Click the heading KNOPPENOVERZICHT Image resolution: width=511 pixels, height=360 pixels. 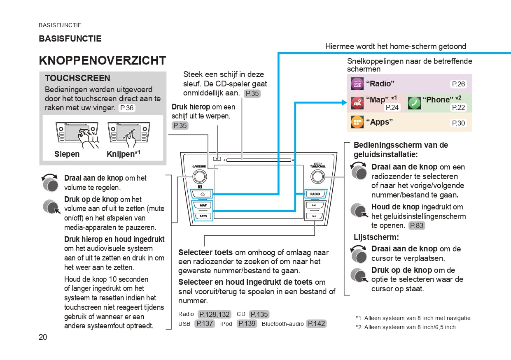pos(102,60)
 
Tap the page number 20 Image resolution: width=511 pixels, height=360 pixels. pos(43,337)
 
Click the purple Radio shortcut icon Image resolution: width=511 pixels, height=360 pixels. pos(357,84)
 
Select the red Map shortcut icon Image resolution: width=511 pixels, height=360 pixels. pos(357,103)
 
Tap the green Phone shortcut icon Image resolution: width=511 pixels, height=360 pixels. pos(414,103)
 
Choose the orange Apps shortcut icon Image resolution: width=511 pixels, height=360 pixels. pos(357,122)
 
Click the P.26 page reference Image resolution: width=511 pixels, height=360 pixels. pos(458,84)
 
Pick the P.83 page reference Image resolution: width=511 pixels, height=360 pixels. pos(416,225)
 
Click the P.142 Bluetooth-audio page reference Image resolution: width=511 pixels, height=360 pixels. pos(317,324)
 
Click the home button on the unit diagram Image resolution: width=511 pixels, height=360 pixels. pos(202,194)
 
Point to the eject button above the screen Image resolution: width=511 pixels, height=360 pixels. pos(217,158)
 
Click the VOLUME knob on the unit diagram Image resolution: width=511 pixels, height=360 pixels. pos(199,177)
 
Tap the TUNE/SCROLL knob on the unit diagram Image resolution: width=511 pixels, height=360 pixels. pos(318,177)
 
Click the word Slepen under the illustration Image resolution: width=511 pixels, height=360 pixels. pos(67,154)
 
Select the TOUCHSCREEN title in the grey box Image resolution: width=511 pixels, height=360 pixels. pos(77,78)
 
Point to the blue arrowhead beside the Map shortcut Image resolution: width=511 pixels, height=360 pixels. pos(344,103)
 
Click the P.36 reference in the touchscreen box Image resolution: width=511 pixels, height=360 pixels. pos(126,108)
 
